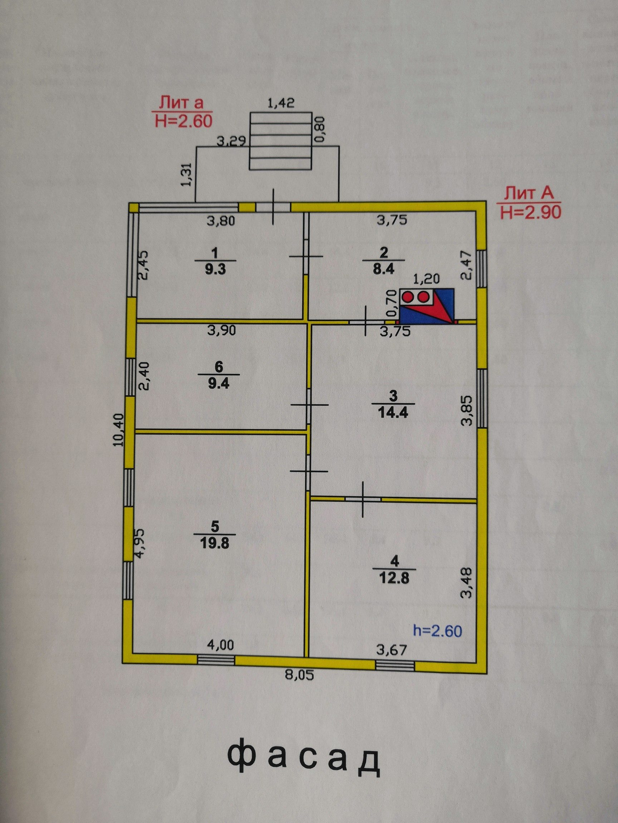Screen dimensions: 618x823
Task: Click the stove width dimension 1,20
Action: (427, 278)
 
